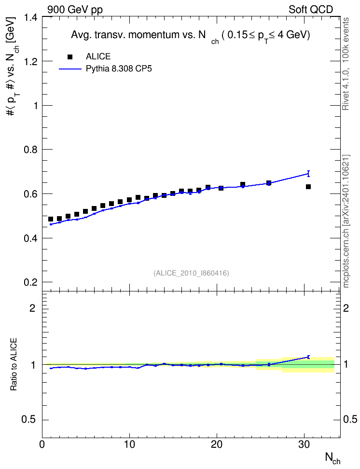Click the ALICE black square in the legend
click(x=70, y=57)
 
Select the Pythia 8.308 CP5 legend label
click(x=119, y=69)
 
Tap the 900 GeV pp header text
click(x=75, y=10)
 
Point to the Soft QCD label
click(x=311, y=10)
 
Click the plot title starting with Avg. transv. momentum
click(x=190, y=36)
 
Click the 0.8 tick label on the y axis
click(x=31, y=150)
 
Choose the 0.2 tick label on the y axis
click(x=31, y=282)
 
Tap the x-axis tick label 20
click(x=217, y=444)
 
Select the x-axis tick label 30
click(x=305, y=444)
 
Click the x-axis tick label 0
click(x=42, y=444)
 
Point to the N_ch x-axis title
click(x=332, y=458)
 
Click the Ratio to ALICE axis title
click(x=14, y=364)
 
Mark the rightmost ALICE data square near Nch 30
click(x=308, y=187)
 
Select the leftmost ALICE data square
click(x=51, y=219)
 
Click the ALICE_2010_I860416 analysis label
click(x=191, y=273)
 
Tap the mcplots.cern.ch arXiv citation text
click(x=346, y=221)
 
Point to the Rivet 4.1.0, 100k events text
click(x=346, y=64)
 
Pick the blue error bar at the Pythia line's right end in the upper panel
click(x=308, y=174)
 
